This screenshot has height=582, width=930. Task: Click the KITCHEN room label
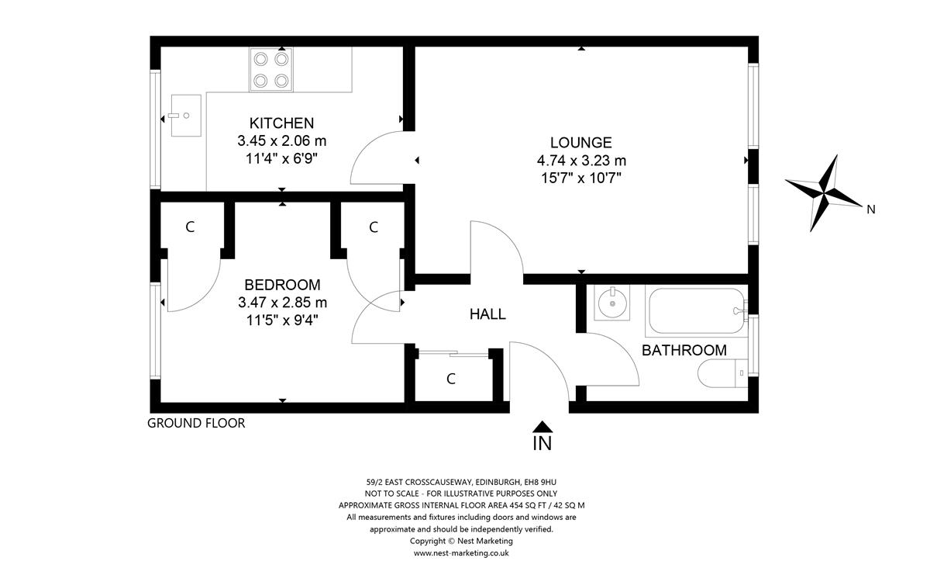(281, 123)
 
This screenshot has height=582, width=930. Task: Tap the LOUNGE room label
(580, 143)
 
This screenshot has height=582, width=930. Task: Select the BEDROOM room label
(282, 285)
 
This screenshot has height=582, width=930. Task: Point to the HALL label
(487, 314)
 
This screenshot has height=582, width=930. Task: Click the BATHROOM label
(684, 350)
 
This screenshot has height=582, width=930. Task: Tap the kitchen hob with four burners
(271, 69)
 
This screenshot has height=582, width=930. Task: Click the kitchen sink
(186, 116)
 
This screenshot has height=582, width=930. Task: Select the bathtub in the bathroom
(697, 311)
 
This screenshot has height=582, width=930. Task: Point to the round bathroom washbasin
(612, 302)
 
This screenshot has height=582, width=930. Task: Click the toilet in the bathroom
(723, 373)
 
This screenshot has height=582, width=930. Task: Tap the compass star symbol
(823, 193)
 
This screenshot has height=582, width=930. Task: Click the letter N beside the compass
(871, 210)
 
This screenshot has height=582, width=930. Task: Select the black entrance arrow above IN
(542, 427)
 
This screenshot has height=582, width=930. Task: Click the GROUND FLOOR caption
(196, 423)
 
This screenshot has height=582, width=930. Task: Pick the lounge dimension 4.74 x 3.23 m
(581, 160)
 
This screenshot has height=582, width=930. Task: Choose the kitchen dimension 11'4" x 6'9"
(281, 158)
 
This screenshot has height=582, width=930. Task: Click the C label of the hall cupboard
(451, 379)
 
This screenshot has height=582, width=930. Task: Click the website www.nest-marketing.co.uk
(461, 553)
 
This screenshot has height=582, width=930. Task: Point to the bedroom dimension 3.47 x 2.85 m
(282, 302)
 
